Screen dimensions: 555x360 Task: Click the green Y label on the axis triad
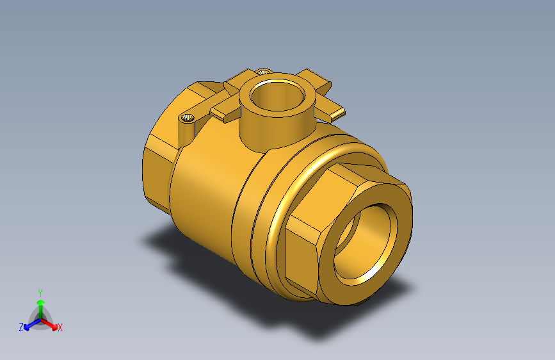tap(40, 293)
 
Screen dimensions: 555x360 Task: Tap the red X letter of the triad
tap(60, 327)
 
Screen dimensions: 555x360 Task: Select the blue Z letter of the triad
tap(21, 327)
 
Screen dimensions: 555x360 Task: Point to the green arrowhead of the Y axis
tap(41, 302)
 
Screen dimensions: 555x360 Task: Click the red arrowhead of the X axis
tap(54, 327)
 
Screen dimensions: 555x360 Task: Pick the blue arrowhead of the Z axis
tap(27, 327)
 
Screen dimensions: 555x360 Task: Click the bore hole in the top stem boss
tap(277, 95)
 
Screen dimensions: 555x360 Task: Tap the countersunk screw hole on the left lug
tap(188, 118)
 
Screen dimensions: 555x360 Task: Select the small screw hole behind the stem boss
tap(263, 72)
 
